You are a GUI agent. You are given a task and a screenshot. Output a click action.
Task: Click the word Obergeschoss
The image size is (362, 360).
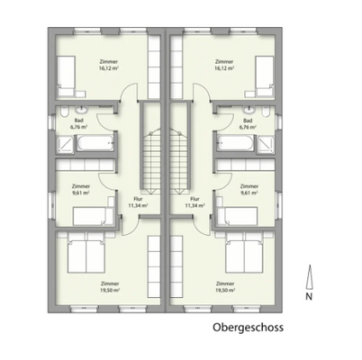[248, 328]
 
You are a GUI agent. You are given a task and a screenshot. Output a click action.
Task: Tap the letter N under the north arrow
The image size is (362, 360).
[308, 294]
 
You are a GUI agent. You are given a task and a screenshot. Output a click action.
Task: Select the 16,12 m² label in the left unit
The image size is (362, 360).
[109, 67]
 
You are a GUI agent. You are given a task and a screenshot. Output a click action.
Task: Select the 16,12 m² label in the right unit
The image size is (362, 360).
[225, 67]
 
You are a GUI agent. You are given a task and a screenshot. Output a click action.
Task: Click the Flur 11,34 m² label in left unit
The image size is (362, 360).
[138, 202]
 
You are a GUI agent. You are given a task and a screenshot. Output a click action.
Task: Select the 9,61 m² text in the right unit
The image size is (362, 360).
[249, 192]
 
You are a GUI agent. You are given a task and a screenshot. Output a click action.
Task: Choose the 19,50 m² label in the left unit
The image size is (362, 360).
[110, 290]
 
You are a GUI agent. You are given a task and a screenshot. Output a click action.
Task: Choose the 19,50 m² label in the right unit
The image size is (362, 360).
[225, 290]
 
